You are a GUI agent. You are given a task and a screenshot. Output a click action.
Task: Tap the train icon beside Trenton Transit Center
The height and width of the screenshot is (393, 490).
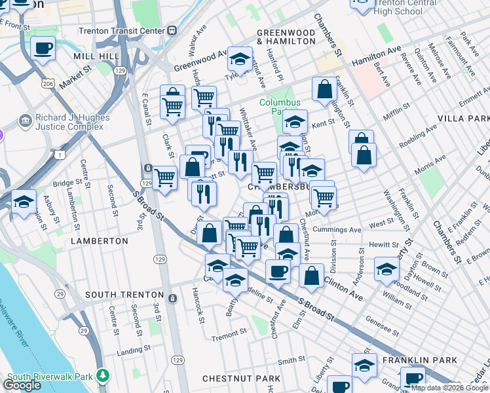(172, 29)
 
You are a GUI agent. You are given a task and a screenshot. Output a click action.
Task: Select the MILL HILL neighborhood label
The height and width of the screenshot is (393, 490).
(95, 57)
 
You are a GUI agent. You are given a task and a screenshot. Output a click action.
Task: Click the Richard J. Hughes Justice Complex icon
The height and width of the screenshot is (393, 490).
(26, 121)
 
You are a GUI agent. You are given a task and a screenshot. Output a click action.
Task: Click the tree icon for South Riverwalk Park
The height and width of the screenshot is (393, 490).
(102, 375)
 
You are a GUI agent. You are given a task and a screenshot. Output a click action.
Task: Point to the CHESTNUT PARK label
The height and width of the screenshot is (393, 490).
(241, 379)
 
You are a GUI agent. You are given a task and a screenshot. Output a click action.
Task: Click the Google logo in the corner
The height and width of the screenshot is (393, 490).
(22, 385)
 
